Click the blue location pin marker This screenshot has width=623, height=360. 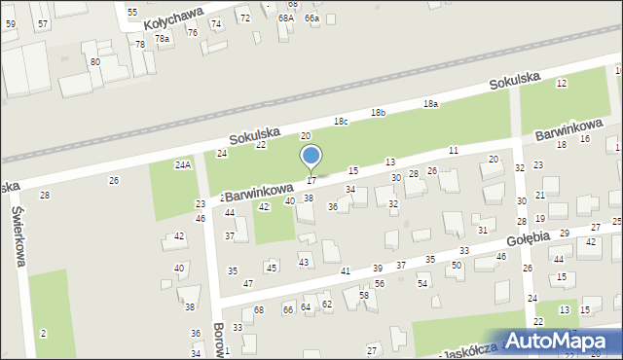click(x=311, y=157)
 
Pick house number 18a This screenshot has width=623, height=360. click(x=430, y=104)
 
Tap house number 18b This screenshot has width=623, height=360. click(x=378, y=113)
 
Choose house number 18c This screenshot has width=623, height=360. click(x=341, y=122)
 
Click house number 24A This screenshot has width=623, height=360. click(x=182, y=165)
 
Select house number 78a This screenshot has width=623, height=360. click(x=162, y=38)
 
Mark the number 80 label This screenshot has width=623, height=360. click(x=94, y=62)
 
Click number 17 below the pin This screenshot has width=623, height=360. click(x=311, y=181)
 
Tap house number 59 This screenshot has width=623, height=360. click(x=11, y=22)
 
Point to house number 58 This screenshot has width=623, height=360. click(x=364, y=295)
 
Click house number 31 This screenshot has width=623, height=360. click(x=483, y=230)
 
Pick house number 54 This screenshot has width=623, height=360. click(x=422, y=283)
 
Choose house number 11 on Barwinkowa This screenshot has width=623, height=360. click(x=454, y=150)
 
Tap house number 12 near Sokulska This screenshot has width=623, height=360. click(x=562, y=84)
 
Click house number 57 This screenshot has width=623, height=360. click(x=42, y=22)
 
